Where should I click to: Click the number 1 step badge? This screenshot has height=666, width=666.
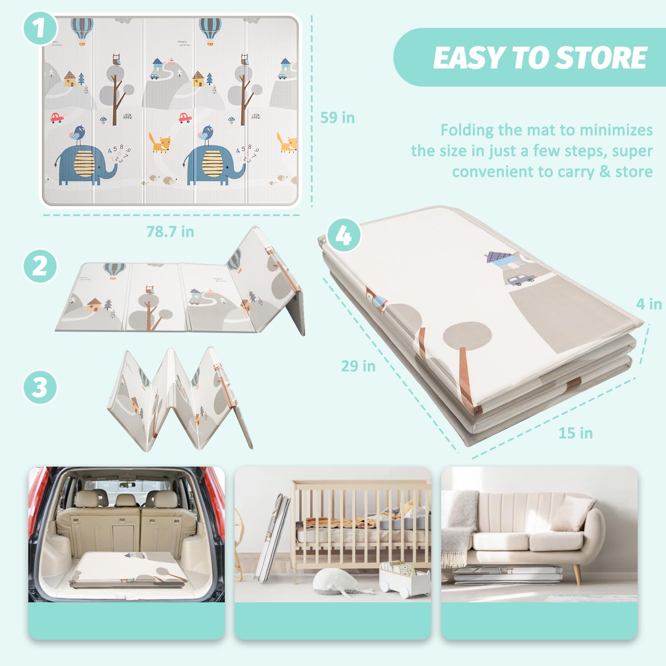(x=40, y=28)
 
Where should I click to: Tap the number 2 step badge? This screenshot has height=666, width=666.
(x=40, y=266)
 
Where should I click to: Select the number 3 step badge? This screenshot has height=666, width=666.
(x=40, y=387)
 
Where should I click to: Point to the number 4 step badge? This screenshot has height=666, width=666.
(x=344, y=235)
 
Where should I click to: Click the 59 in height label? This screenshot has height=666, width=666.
(x=337, y=118)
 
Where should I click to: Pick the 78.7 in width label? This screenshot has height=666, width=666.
(x=170, y=231)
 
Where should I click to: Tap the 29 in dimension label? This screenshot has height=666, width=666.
(x=358, y=366)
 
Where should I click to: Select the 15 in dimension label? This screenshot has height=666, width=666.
(x=575, y=433)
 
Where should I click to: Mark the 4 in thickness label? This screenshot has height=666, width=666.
(x=649, y=304)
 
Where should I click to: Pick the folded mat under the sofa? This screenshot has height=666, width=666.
(x=508, y=574)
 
